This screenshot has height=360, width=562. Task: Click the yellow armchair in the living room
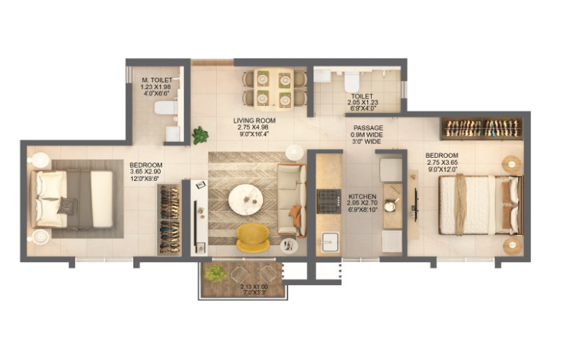pos(253,237)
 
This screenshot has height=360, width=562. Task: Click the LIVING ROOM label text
pos(253,120)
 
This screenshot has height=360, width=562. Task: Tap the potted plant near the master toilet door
pos(200,135)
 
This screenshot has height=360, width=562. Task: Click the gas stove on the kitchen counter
pos(329,200)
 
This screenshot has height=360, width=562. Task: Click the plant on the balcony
pos(215,274)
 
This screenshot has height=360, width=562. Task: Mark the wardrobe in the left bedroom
pos(169,218)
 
